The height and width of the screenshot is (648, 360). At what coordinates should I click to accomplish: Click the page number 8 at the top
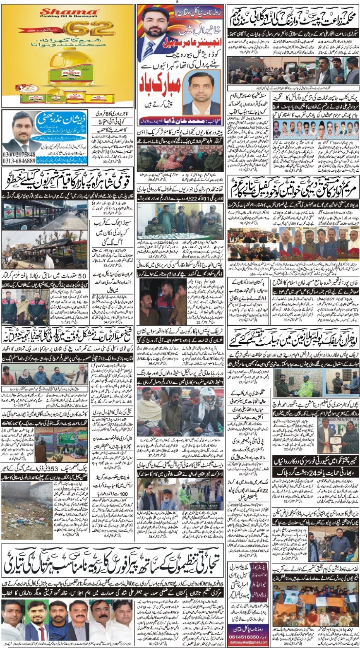(x=177, y=2)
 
